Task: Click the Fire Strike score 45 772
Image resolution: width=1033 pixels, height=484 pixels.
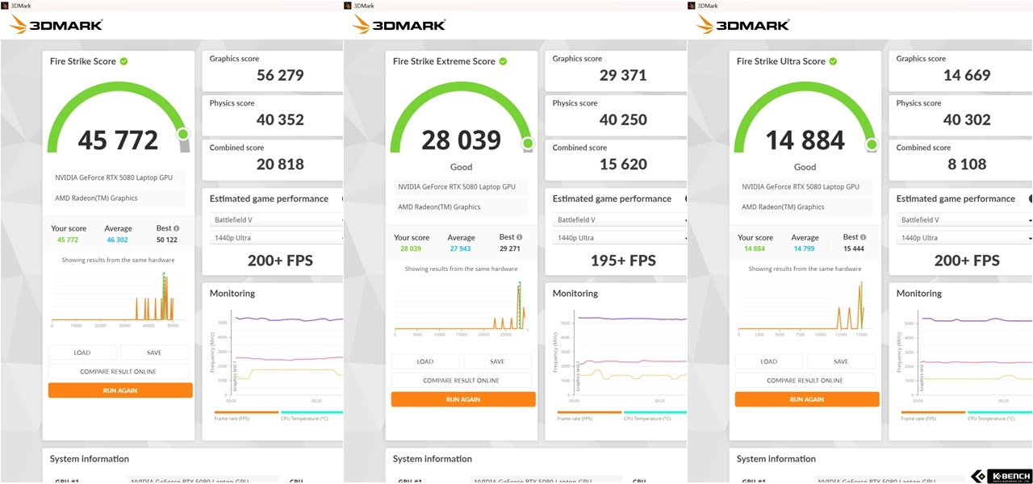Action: pyautogui.click(x=118, y=140)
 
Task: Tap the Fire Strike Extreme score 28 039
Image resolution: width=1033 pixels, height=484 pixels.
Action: pyautogui.click(x=461, y=140)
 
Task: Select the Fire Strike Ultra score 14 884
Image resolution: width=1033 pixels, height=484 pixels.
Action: pyautogui.click(x=805, y=140)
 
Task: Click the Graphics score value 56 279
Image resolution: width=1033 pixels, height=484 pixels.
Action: pyautogui.click(x=280, y=76)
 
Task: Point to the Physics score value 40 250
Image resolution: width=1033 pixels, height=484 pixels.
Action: pyautogui.click(x=623, y=120)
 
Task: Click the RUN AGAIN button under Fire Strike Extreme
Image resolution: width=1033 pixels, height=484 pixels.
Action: pyautogui.click(x=463, y=399)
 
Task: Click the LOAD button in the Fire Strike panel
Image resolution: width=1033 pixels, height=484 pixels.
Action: pyautogui.click(x=82, y=353)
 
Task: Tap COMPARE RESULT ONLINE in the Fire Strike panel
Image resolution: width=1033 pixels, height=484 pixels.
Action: pyautogui.click(x=118, y=372)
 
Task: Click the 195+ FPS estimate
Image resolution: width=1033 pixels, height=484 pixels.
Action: pyautogui.click(x=622, y=261)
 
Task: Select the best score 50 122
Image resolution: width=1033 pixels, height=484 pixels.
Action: pyautogui.click(x=167, y=240)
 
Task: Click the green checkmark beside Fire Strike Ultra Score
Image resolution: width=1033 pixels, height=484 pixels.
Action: pyautogui.click(x=833, y=61)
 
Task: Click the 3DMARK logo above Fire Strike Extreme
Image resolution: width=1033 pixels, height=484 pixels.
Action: pyautogui.click(x=399, y=24)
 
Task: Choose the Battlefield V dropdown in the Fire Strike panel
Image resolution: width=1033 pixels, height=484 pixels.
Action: pyautogui.click(x=275, y=219)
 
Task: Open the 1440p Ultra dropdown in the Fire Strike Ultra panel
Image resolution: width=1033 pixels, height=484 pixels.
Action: pyautogui.click(x=963, y=238)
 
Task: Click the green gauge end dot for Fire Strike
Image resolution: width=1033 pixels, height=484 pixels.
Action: pyautogui.click(x=183, y=135)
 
